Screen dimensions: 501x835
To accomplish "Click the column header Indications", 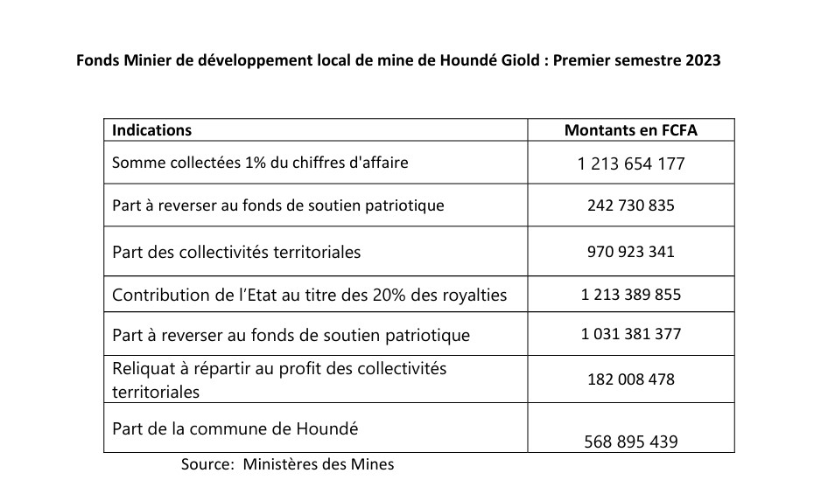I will [x=152, y=130].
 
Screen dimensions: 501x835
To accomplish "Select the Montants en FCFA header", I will [x=630, y=130].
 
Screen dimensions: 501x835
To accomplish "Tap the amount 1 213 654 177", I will [x=630, y=164].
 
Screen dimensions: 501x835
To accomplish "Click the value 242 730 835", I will [x=630, y=206].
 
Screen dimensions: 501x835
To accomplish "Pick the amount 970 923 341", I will [x=630, y=252].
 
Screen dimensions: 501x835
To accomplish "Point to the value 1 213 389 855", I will [x=630, y=295].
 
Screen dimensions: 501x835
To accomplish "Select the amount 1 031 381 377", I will [x=630, y=334].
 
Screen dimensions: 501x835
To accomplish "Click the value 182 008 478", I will [x=630, y=380].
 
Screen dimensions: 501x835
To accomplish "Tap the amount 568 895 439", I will [x=630, y=442].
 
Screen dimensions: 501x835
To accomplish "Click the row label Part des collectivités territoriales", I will [x=236, y=252].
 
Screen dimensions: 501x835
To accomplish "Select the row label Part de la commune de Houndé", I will [x=235, y=429].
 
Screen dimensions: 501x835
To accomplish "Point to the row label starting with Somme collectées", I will [x=260, y=163].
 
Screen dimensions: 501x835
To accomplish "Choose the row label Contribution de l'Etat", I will [x=309, y=295].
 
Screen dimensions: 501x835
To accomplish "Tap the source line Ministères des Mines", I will [x=287, y=464].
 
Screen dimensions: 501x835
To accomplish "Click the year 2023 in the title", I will [x=702, y=62].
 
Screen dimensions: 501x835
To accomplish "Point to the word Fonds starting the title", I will [x=96, y=62].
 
